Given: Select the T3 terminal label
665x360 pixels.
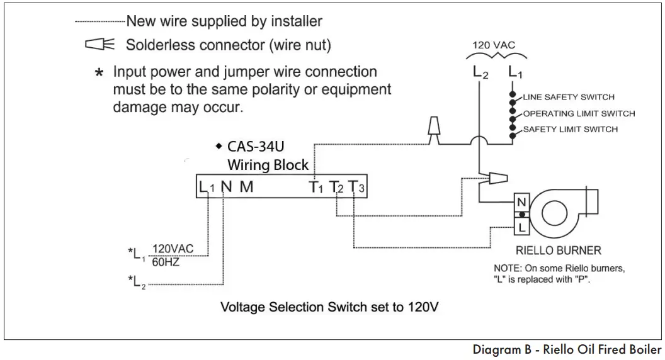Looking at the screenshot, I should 356,187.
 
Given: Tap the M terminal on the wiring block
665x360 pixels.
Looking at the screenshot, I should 246,187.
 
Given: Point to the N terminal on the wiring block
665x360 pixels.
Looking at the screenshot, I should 226,187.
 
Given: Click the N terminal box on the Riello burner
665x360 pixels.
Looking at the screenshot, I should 521,203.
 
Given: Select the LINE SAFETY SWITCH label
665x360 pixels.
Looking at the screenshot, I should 568,98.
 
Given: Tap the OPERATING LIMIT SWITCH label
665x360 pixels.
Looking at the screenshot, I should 578,114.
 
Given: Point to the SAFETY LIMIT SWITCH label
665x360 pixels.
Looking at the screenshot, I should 570,130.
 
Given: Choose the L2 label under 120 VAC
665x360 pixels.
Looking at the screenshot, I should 480,73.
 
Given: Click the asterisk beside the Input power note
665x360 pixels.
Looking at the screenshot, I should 99,73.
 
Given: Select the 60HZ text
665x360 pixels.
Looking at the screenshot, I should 166,262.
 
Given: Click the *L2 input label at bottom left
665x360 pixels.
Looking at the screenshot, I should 136,281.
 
